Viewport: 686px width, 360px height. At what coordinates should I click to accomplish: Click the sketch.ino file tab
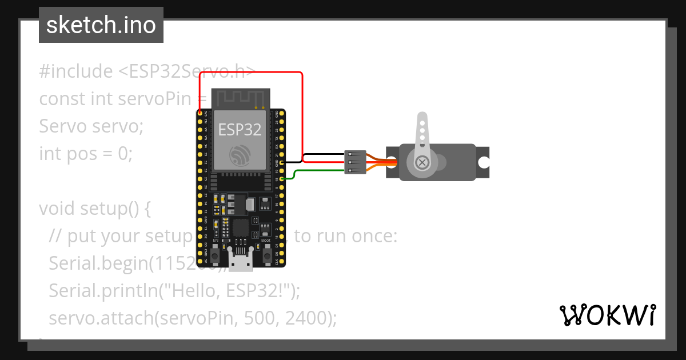(101, 25)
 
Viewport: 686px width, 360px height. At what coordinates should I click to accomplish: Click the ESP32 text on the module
(240, 129)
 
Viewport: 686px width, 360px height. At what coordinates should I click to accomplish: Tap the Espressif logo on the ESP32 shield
(240, 154)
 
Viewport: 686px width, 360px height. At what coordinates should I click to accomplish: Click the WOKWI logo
(607, 315)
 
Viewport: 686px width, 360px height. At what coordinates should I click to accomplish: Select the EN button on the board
(215, 256)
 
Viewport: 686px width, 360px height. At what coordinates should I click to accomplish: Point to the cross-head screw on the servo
(422, 163)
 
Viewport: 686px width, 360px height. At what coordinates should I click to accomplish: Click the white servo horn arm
(422, 134)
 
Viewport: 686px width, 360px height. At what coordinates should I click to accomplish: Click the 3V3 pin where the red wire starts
(200, 113)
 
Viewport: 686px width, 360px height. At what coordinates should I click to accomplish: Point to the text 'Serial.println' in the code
(101, 291)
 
